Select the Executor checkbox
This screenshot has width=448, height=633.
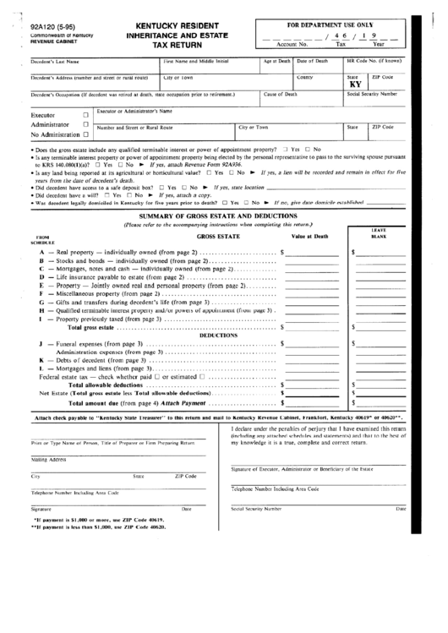(x=85, y=115)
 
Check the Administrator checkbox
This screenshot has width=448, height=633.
(x=85, y=124)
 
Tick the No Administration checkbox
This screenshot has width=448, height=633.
(x=85, y=134)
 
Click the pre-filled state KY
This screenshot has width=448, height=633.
(x=354, y=85)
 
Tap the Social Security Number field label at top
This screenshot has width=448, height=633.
(x=372, y=95)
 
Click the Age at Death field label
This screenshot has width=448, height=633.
(x=276, y=61)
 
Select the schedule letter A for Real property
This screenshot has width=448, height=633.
(x=41, y=253)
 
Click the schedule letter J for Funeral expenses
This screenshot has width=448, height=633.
(x=41, y=345)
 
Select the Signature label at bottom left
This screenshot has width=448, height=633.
(x=41, y=509)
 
